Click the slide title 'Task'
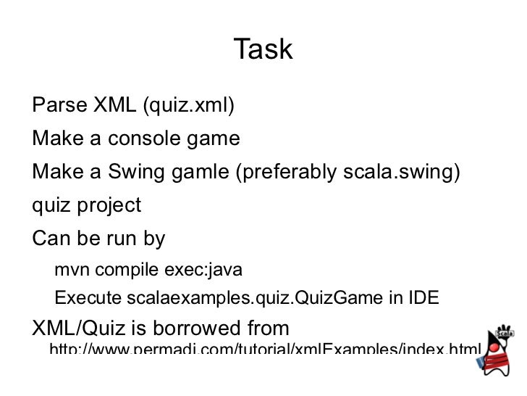pyautogui.click(x=263, y=49)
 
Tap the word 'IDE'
pyautogui.click(x=422, y=298)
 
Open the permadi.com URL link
pyautogui.click(x=263, y=351)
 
